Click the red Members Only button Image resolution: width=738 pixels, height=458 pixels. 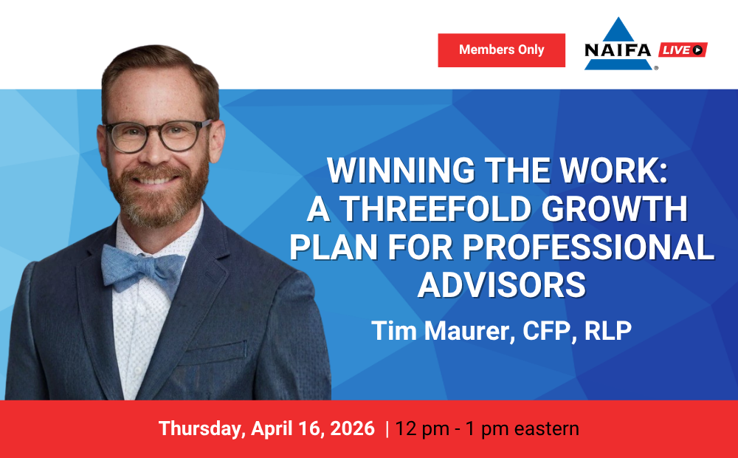501,50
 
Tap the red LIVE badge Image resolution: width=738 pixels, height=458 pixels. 683,49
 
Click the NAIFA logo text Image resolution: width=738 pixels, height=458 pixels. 618,50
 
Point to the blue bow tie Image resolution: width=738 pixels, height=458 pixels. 142,269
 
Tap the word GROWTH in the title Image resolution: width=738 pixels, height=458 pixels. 614,209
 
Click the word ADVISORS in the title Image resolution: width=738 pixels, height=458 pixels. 502,285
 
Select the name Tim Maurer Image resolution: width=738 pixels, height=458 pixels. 440,330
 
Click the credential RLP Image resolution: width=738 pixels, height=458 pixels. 607,330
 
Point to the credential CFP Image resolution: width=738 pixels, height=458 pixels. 546,330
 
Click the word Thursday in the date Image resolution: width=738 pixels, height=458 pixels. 200,428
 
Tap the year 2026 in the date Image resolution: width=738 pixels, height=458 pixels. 352,428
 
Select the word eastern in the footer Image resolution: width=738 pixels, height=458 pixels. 546,428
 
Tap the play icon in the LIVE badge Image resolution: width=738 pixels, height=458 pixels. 697,49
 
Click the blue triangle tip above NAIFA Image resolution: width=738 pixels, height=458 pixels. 618,18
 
